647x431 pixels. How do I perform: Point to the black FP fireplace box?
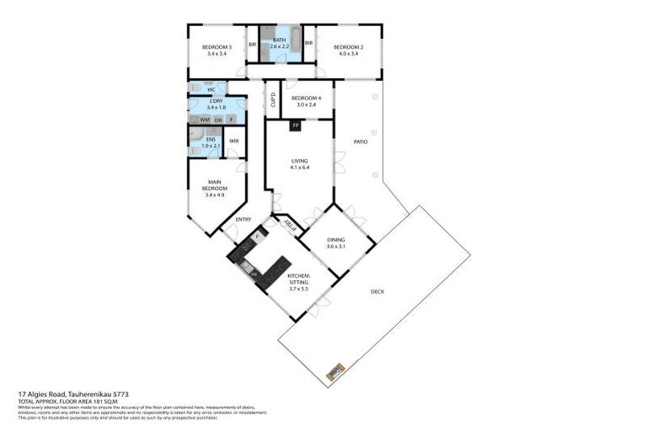[x=295, y=127]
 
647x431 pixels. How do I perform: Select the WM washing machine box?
[x=205, y=120]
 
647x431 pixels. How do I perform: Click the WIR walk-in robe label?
[x=234, y=141]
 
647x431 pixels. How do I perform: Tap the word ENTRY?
[x=243, y=220]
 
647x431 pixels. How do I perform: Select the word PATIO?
[x=360, y=141]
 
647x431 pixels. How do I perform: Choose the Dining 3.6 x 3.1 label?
[x=337, y=242]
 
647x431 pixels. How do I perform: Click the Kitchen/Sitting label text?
[x=299, y=281]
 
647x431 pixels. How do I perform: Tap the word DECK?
[x=378, y=292]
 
